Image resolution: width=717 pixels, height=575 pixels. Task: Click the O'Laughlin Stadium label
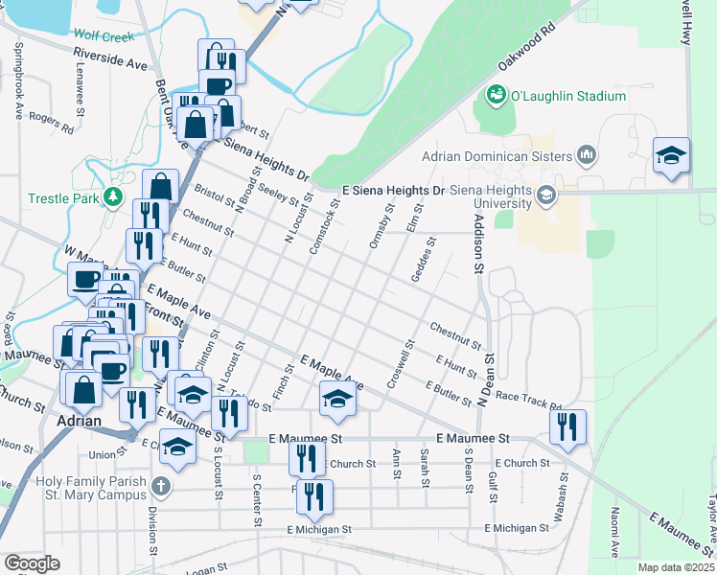tap(567, 96)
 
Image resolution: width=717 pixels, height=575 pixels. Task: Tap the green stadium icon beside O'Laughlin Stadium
tap(497, 95)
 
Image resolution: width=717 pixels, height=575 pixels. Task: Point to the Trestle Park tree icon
tap(114, 197)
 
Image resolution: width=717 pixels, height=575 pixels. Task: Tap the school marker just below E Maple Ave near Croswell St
tap(337, 397)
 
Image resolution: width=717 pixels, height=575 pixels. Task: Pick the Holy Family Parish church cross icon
tap(160, 486)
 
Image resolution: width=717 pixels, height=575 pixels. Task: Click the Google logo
tap(32, 563)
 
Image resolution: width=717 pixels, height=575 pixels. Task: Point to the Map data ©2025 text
tap(676, 567)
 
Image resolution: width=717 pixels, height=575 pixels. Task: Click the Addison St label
tap(476, 242)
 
